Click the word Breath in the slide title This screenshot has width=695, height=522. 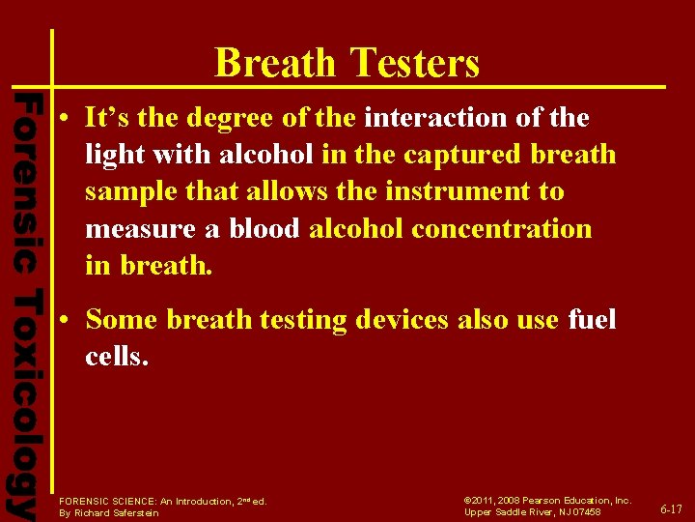[276, 64]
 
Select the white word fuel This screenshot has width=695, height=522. [592, 319]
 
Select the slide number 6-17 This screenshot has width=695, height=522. [670, 509]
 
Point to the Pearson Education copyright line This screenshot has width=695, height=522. [547, 500]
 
